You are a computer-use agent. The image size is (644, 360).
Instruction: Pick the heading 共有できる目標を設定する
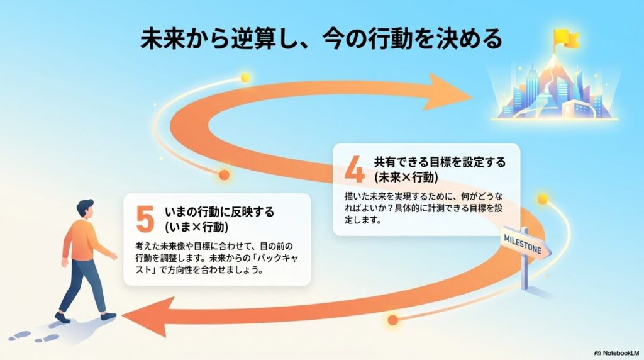440,163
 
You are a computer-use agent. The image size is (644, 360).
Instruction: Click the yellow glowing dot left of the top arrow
245,77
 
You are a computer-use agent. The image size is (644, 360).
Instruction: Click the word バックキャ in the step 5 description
282,259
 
